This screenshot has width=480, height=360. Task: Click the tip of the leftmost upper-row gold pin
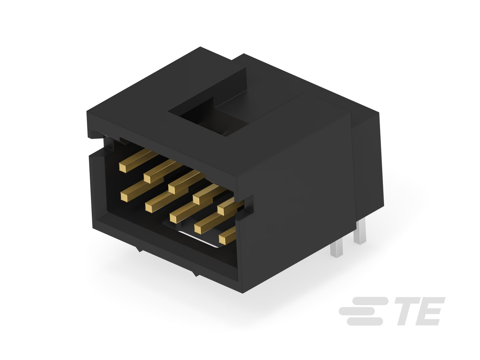(x=123, y=167)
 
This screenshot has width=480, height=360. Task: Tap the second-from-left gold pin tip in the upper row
(x=147, y=178)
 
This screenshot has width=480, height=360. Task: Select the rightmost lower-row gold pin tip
(x=223, y=240)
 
